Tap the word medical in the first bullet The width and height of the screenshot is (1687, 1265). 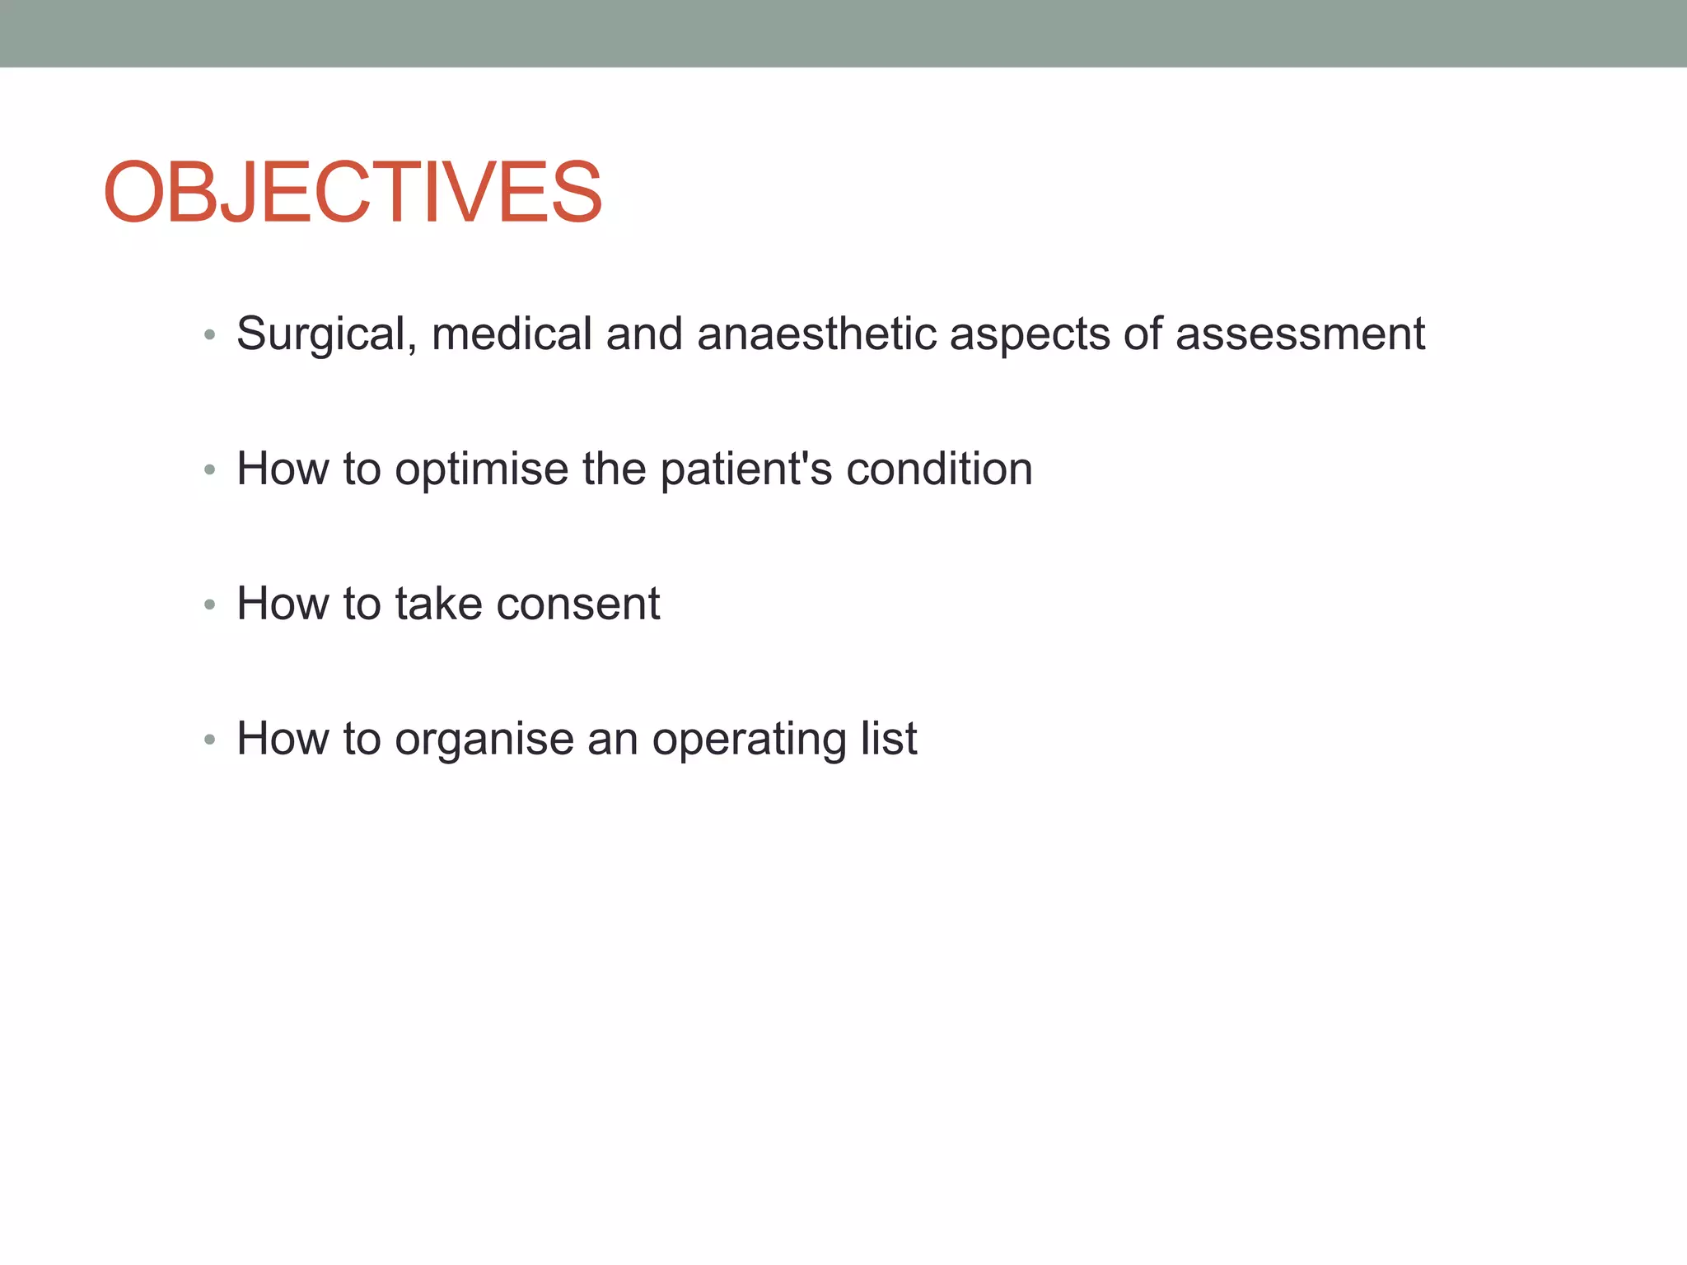[x=512, y=334]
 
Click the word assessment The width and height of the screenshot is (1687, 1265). [x=1300, y=334]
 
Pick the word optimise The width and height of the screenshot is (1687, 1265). [x=481, y=469]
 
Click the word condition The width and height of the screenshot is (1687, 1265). [x=939, y=469]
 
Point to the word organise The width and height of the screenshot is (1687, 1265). [x=484, y=740]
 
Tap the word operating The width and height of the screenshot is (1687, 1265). [x=749, y=740]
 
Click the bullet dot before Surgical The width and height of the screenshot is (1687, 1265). [x=210, y=335]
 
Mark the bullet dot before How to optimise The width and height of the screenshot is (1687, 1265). [x=210, y=470]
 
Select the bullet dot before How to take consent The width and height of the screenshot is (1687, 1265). [x=210, y=605]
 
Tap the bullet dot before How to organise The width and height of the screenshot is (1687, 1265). [x=210, y=740]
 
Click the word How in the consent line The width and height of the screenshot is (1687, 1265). [x=282, y=604]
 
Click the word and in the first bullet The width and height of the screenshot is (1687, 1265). [x=644, y=334]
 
